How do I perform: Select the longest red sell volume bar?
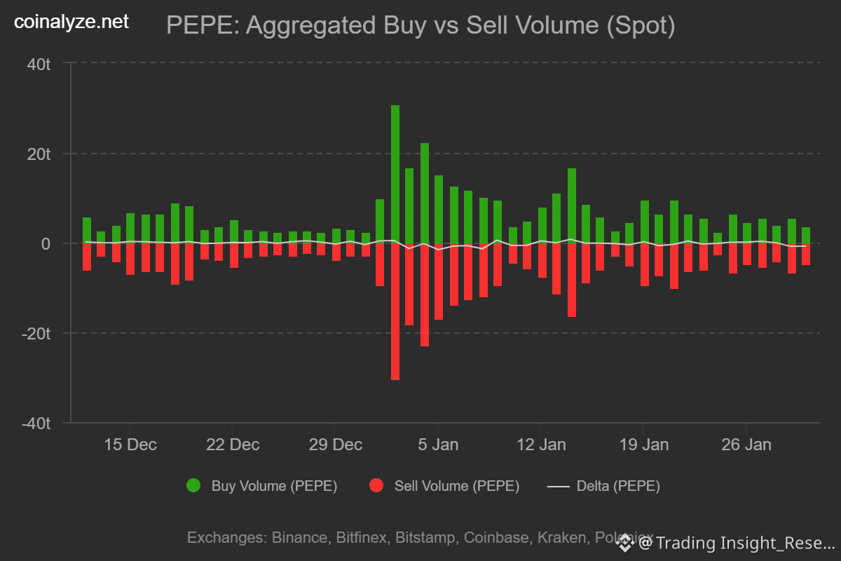click(395, 312)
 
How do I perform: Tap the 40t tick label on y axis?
click(39, 65)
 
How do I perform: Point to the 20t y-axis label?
click(39, 154)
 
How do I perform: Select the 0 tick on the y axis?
click(46, 244)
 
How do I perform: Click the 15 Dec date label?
click(130, 445)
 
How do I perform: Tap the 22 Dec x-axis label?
click(233, 445)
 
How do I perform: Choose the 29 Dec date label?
click(336, 445)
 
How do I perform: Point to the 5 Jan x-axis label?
click(438, 445)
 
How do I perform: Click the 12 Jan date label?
click(540, 445)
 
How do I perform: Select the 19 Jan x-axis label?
click(643, 445)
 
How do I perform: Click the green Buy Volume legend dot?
click(193, 485)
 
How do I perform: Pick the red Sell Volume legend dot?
click(376, 485)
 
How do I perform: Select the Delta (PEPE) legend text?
click(618, 486)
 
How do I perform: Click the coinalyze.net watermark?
click(71, 22)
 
